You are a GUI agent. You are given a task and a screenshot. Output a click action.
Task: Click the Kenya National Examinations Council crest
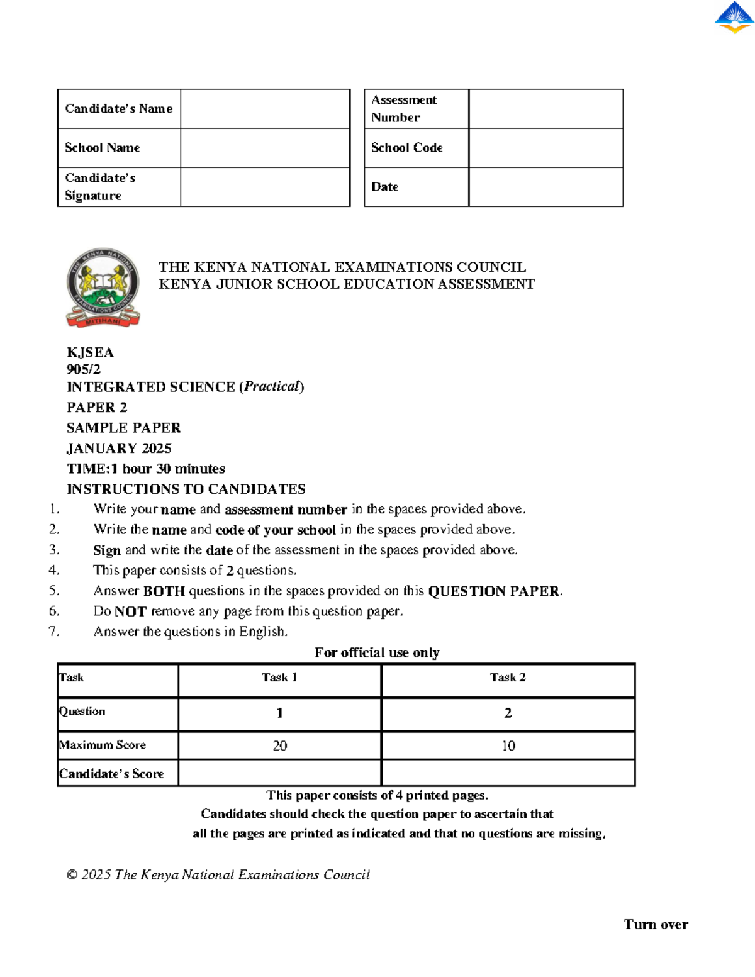pyautogui.click(x=103, y=287)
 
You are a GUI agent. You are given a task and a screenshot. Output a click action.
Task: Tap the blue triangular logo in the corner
pyautogui.click(x=734, y=17)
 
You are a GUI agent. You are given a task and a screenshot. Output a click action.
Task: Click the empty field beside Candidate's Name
pyautogui.click(x=265, y=109)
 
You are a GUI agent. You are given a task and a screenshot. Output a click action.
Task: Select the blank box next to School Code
pyautogui.click(x=545, y=148)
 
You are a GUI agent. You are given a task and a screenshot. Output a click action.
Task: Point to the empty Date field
pyautogui.click(x=545, y=187)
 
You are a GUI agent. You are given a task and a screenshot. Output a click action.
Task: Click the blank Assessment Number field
pyautogui.click(x=545, y=109)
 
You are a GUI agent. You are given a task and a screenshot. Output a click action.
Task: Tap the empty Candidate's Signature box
pyautogui.click(x=265, y=187)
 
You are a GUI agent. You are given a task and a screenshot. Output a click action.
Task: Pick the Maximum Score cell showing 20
pyautogui.click(x=280, y=745)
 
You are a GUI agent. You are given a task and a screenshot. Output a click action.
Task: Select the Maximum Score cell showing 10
pyautogui.click(x=508, y=745)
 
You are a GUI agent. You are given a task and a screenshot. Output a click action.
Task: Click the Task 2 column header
pyautogui.click(x=508, y=678)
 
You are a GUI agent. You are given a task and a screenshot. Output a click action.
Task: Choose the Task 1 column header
pyautogui.click(x=279, y=678)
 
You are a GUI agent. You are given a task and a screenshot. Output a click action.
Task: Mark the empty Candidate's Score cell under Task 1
pyautogui.click(x=280, y=773)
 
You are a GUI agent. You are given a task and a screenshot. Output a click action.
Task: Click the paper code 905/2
pyautogui.click(x=84, y=369)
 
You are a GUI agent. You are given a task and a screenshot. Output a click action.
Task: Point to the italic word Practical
pyautogui.click(x=272, y=386)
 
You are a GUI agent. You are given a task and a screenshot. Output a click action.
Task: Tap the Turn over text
pyautogui.click(x=656, y=924)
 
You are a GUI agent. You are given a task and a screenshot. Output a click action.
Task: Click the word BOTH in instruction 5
pyautogui.click(x=164, y=591)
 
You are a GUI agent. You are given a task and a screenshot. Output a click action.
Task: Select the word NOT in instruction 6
pyautogui.click(x=130, y=611)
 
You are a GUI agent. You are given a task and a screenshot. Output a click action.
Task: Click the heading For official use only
pyautogui.click(x=377, y=652)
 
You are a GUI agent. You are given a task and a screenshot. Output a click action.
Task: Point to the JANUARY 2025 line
pyautogui.click(x=119, y=448)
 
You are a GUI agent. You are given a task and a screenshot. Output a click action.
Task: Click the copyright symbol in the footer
pyautogui.click(x=72, y=875)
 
